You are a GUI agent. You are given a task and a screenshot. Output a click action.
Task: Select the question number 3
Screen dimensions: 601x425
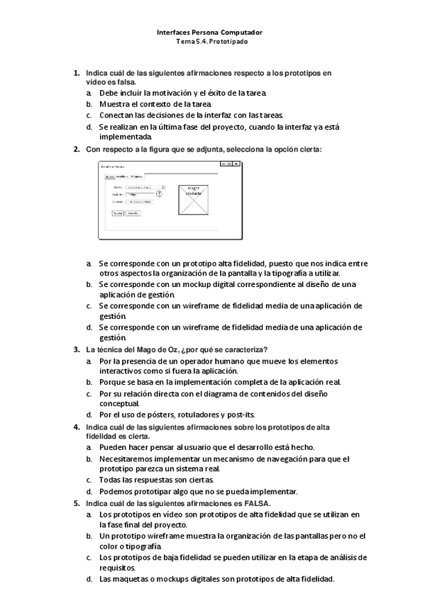pyautogui.click(x=77, y=349)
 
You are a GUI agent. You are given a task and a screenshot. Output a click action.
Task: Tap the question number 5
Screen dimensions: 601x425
pyautogui.click(x=77, y=503)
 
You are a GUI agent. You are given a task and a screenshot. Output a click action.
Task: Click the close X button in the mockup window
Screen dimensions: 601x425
pyautogui.click(x=236, y=164)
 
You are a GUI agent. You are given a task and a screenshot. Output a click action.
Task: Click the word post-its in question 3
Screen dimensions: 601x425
pyautogui.click(x=241, y=415)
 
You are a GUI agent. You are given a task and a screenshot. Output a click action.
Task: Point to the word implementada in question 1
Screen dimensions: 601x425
pyautogui.click(x=125, y=137)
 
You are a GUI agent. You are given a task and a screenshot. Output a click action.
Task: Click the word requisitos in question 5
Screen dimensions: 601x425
pyautogui.click(x=118, y=568)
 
